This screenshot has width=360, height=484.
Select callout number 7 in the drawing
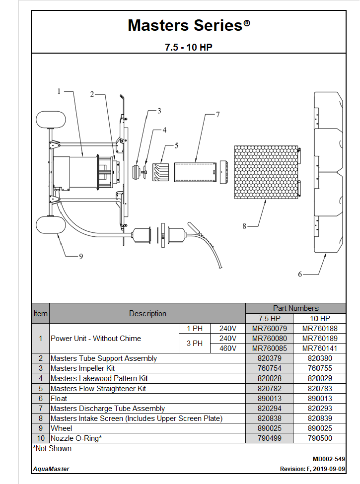[217, 114]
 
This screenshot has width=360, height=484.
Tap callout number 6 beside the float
[300, 274]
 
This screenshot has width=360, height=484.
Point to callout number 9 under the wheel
[80, 256]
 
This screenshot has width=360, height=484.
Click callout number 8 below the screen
[244, 226]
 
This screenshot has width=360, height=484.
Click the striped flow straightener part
[160, 171]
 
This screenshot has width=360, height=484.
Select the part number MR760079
[270, 329]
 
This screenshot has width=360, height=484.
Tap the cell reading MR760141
[319, 348]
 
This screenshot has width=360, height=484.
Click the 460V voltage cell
[227, 348]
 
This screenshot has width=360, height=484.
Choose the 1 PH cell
[195, 329]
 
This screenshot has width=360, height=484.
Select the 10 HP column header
[319, 318]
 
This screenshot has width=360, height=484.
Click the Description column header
[147, 314]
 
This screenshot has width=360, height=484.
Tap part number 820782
[270, 389]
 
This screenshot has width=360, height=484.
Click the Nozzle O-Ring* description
[76, 438]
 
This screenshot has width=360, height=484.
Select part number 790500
[319, 438]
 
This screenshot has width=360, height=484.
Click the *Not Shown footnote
[52, 449]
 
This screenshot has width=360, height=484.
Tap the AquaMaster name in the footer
[51, 469]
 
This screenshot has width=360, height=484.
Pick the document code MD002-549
[329, 459]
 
